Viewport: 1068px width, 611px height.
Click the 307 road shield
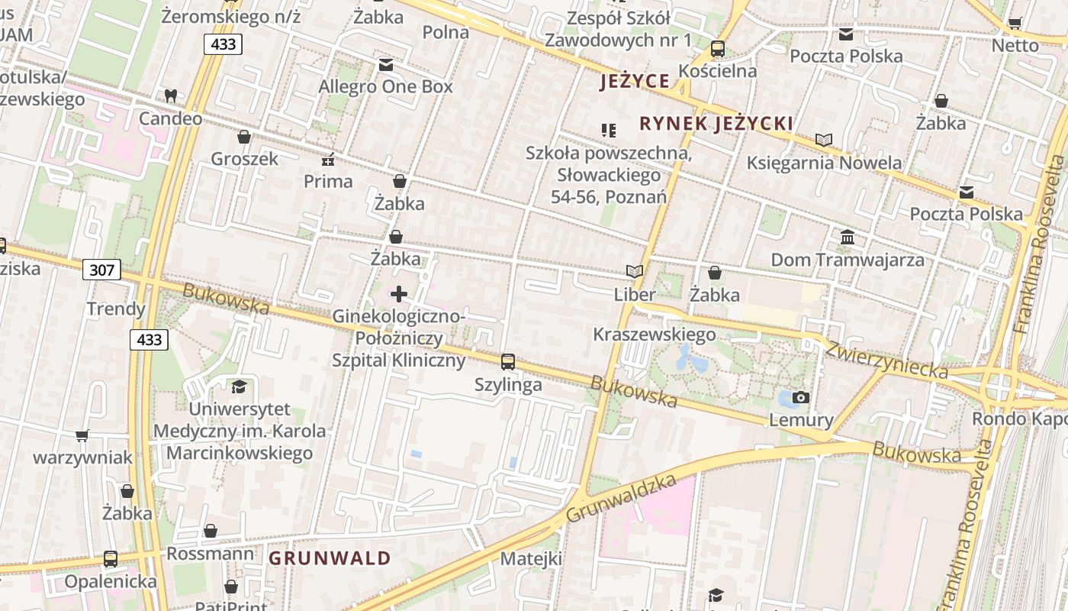[x=101, y=270]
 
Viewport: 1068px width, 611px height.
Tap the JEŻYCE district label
[x=635, y=81]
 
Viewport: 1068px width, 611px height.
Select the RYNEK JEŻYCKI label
[x=716, y=124]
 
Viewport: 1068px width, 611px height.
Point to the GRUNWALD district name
[x=330, y=558]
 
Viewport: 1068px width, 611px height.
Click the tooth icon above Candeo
[x=171, y=96]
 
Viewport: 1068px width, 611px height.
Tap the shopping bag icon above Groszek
[x=244, y=137]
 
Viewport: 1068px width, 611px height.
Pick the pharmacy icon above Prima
[x=329, y=160]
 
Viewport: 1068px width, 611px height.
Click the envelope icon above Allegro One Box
[x=386, y=65]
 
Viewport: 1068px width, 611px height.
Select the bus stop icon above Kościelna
[x=718, y=49]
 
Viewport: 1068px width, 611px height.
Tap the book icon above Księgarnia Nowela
[x=824, y=141]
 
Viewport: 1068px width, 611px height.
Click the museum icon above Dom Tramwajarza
[x=847, y=238]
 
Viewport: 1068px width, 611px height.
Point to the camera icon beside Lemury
[x=801, y=397]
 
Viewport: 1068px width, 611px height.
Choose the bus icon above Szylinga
[x=508, y=362]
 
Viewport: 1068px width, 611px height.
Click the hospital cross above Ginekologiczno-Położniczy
[x=399, y=294]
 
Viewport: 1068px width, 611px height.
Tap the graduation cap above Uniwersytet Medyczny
[x=240, y=386]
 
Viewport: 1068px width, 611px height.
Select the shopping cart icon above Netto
[x=1015, y=23]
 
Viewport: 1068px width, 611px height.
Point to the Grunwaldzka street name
[x=622, y=498]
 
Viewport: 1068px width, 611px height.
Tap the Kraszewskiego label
[x=655, y=335]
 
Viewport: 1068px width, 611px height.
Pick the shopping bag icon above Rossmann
[x=211, y=531]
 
